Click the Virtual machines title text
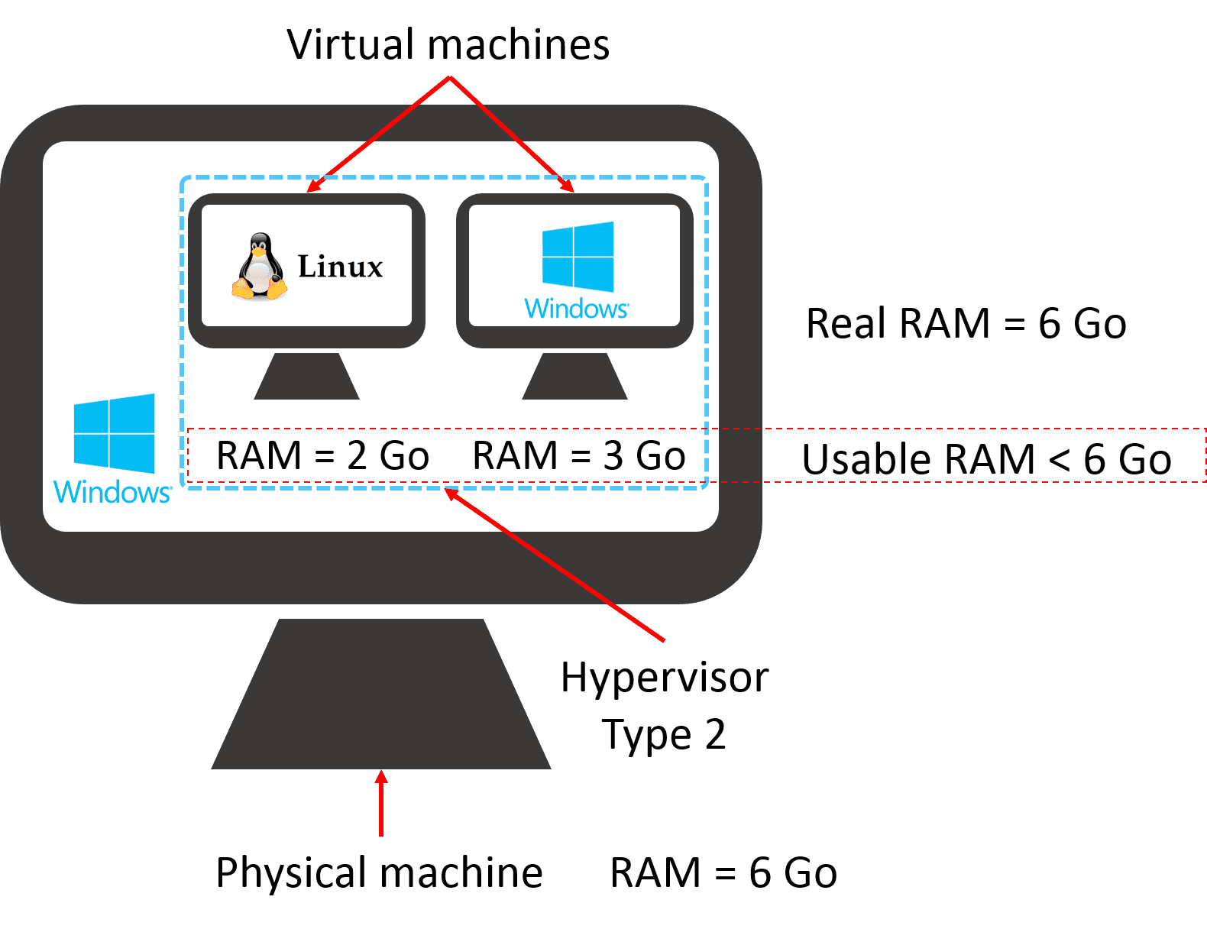[448, 44]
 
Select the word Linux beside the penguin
[340, 267]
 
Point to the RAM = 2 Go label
[322, 456]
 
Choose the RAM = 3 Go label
[579, 456]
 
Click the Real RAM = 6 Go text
[966, 323]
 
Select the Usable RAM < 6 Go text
[986, 460]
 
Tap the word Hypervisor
[665, 678]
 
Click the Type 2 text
[663, 735]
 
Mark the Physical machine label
[379, 872]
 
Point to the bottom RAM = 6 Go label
[723, 872]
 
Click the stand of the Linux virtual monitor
[306, 377]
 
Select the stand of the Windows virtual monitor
[574, 377]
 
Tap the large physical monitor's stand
[380, 695]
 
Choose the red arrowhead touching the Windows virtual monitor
[567, 185]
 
